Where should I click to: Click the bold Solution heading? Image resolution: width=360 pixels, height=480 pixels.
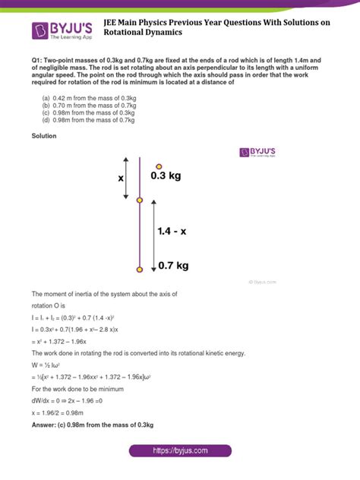point(44,137)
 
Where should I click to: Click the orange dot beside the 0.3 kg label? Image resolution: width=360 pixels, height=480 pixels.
point(158,166)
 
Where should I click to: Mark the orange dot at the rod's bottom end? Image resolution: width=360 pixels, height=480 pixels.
point(139,269)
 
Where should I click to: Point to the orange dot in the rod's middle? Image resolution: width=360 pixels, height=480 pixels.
point(139,200)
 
